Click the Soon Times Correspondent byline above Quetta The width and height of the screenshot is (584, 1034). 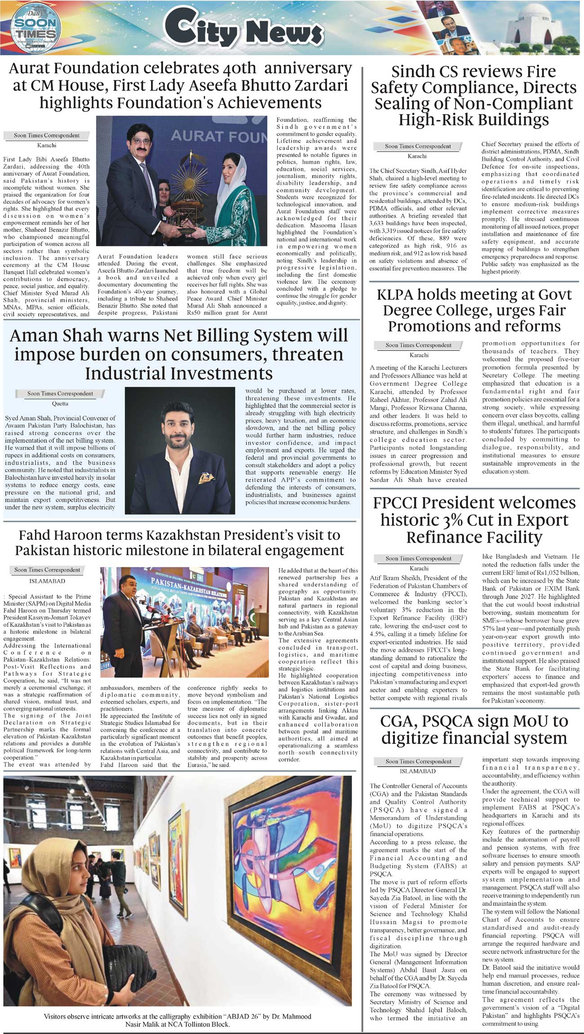(60, 393)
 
